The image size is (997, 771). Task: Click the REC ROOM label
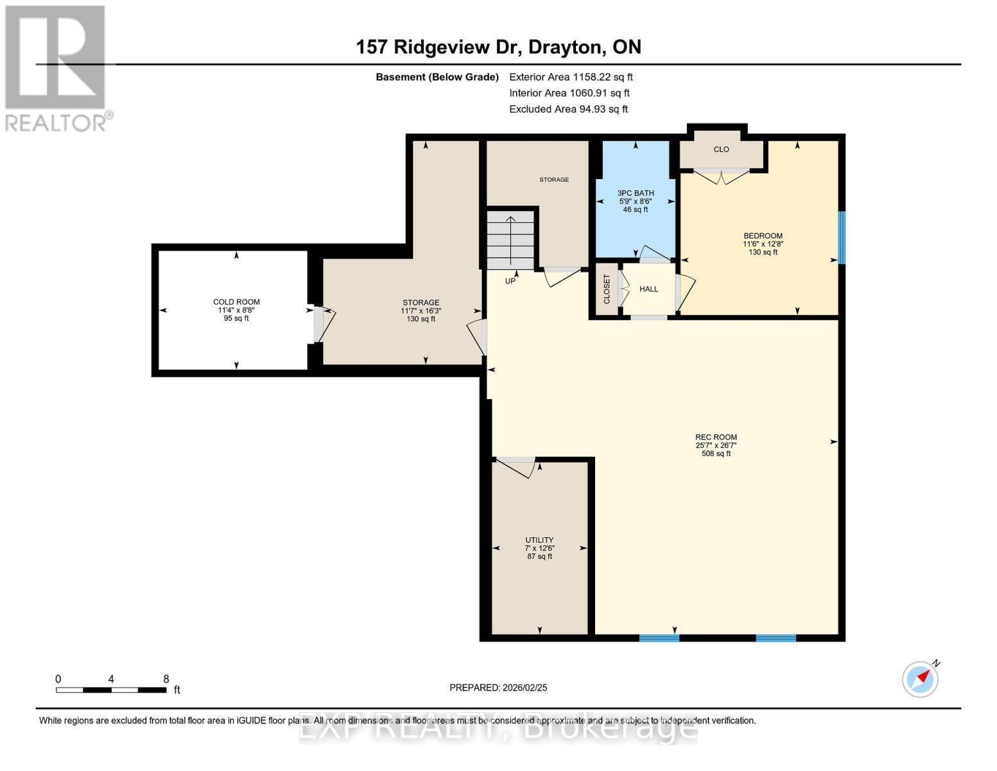pos(716,437)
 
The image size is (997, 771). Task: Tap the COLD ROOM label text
pos(236,302)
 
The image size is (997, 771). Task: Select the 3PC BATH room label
pos(636,193)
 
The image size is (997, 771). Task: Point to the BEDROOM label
pos(763,236)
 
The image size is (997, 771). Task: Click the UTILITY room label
pos(539,540)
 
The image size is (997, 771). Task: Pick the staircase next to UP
pos(510,239)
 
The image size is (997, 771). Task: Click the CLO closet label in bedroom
pos(721,149)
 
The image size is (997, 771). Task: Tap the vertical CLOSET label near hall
pos(607,290)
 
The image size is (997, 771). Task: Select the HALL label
pos(648,289)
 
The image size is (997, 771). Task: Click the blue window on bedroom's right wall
pos(842,238)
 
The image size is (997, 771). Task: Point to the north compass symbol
pos(921,678)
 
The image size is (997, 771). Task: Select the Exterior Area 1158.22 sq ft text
pos(571,77)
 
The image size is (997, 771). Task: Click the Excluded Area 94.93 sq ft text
pos(568,109)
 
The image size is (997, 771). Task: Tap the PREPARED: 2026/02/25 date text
pos(498,687)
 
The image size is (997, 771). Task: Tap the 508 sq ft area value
pos(716,454)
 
